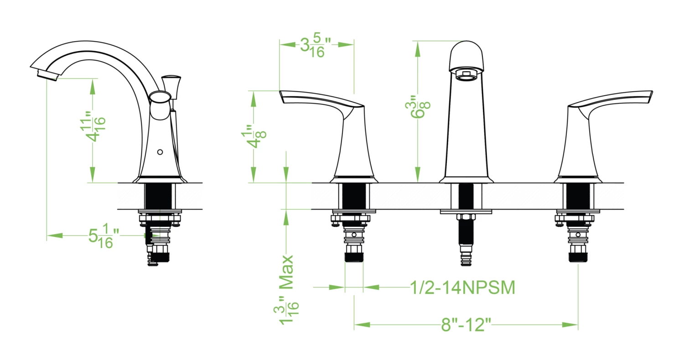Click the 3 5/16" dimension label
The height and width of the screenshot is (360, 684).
click(x=316, y=45)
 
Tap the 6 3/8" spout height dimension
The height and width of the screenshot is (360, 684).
click(x=418, y=107)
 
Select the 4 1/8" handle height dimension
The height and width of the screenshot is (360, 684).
click(x=254, y=136)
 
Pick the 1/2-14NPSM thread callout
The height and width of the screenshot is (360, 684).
click(x=462, y=288)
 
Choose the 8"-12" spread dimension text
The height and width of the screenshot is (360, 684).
click(x=466, y=324)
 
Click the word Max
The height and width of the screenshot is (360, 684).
click(x=286, y=272)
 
